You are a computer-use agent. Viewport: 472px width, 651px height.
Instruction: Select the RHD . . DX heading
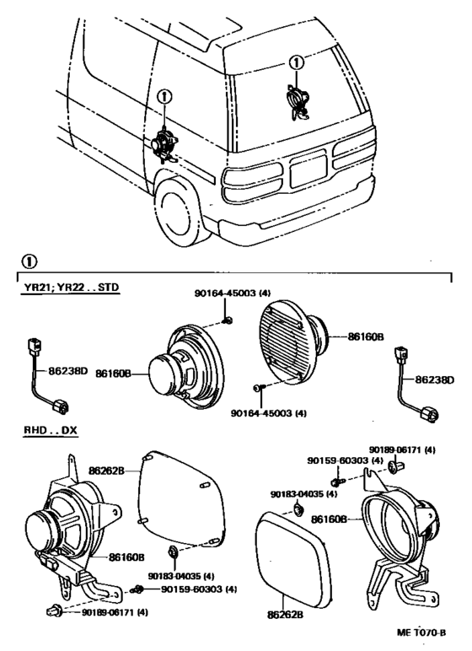49,430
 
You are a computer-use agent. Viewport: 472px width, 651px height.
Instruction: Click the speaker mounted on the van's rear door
297,99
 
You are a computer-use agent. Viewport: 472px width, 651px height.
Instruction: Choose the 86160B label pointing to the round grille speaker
366,336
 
